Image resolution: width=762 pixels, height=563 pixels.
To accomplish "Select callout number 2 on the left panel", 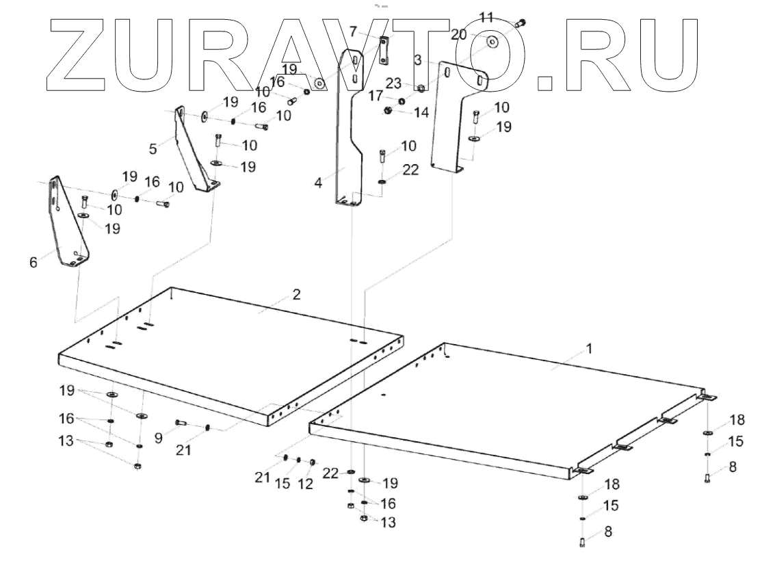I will pyautogui.click(x=295, y=295).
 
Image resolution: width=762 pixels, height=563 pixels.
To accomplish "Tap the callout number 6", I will pyautogui.click(x=33, y=262).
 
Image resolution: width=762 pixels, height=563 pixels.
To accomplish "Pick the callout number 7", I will pyautogui.click(x=353, y=31).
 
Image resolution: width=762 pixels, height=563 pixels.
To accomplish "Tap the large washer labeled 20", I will pyautogui.click(x=492, y=42).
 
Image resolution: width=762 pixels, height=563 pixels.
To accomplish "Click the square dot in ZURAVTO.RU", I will pyautogui.click(x=544, y=83).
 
